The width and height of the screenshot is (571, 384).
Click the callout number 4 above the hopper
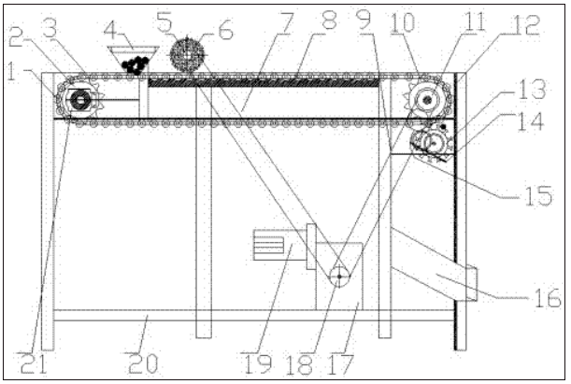click(x=110, y=31)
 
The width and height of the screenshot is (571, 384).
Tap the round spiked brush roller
click(x=187, y=55)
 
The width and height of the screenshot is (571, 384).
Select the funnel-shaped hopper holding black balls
click(x=134, y=60)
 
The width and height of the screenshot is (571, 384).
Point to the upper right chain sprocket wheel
click(x=428, y=99)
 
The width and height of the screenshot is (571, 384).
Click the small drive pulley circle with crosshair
click(x=339, y=277)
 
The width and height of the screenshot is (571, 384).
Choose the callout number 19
click(x=257, y=364)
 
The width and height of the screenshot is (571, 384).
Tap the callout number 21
click(x=34, y=363)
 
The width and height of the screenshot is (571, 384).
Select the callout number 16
click(x=548, y=298)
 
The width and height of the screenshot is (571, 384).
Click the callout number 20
click(x=144, y=363)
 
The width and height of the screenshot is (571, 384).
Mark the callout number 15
click(x=539, y=196)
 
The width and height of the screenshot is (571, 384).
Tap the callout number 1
click(x=11, y=73)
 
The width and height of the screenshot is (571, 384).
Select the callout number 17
click(x=340, y=364)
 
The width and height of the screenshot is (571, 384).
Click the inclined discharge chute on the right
click(x=434, y=265)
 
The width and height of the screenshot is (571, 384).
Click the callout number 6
click(x=226, y=32)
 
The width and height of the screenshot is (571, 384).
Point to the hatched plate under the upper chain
click(x=264, y=83)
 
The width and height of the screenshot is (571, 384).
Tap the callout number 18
click(x=299, y=364)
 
